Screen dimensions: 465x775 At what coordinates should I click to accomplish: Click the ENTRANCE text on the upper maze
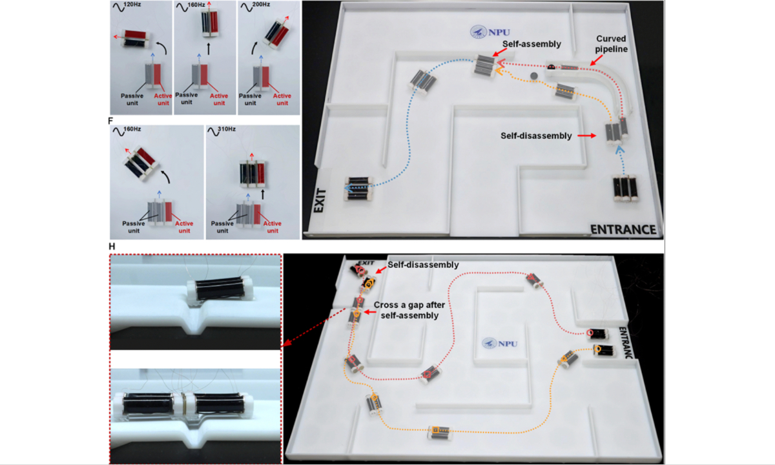pyautogui.click(x=623, y=229)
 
